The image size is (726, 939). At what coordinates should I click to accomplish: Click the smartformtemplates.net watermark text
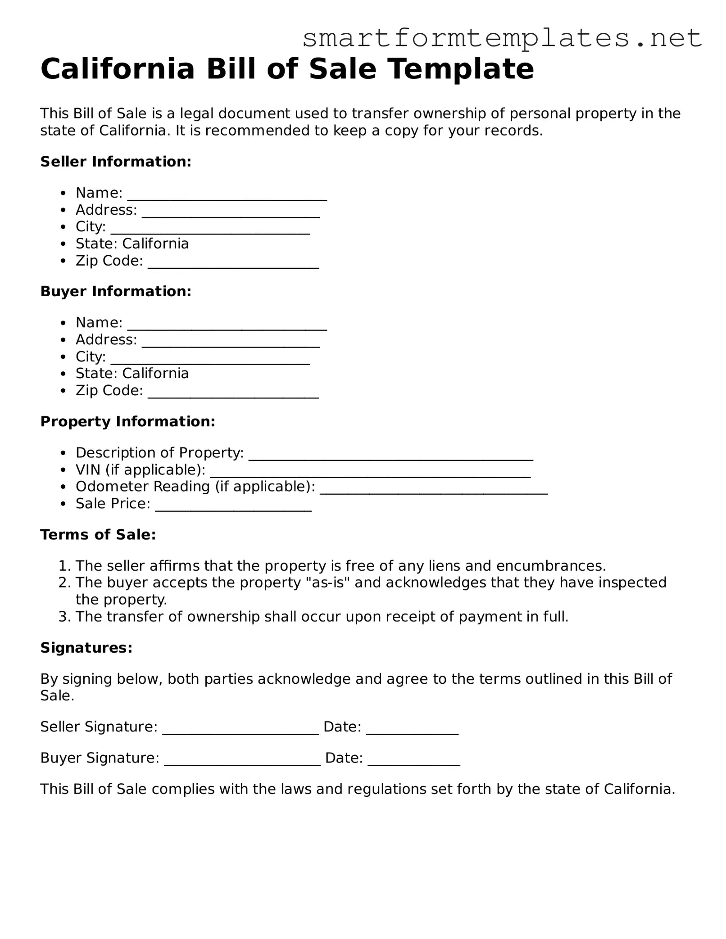pyautogui.click(x=502, y=38)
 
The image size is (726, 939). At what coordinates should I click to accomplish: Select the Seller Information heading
pyautogui.click(x=116, y=162)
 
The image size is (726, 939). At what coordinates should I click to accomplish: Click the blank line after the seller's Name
pyautogui.click(x=227, y=194)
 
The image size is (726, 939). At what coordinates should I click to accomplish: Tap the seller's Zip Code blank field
pyautogui.click(x=233, y=262)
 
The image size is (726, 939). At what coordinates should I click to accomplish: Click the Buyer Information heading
pyautogui.click(x=116, y=291)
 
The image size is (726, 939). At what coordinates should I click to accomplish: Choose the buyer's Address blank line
pyautogui.click(x=231, y=341)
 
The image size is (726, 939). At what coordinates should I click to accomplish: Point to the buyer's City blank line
pyautogui.click(x=210, y=358)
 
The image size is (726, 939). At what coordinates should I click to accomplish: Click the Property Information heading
pyautogui.click(x=127, y=421)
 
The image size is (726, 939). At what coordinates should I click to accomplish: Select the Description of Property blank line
pyautogui.click(x=390, y=454)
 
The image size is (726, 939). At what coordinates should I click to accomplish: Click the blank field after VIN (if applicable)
pyautogui.click(x=370, y=471)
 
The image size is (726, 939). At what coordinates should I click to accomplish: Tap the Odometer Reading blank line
pyautogui.click(x=433, y=488)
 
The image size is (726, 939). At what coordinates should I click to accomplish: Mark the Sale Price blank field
pyautogui.click(x=233, y=506)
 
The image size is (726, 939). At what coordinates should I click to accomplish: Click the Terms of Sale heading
pyautogui.click(x=98, y=534)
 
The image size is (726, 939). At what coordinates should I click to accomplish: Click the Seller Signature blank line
pyautogui.click(x=240, y=729)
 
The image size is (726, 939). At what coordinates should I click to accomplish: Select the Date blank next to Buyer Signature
pyautogui.click(x=413, y=760)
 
